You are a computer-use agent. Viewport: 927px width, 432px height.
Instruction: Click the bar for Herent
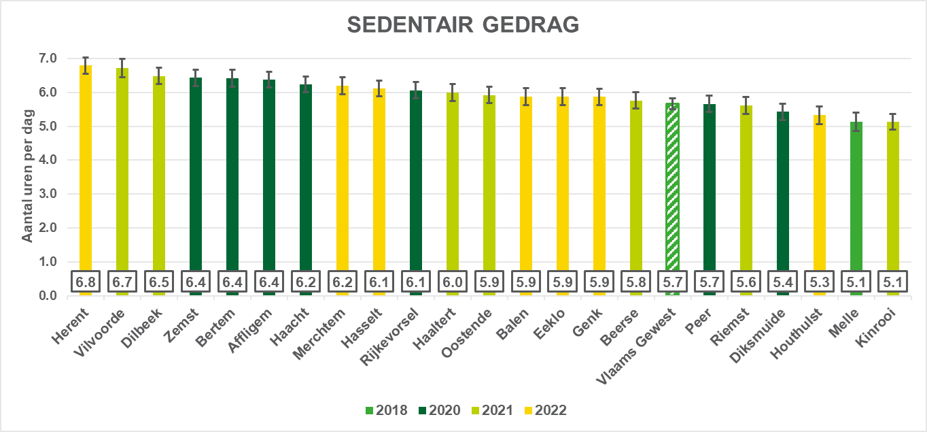pyautogui.click(x=86, y=170)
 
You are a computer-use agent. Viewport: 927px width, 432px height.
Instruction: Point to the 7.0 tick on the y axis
pyautogui.click(x=48, y=59)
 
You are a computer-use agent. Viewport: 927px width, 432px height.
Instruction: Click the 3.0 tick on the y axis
pyautogui.click(x=48, y=194)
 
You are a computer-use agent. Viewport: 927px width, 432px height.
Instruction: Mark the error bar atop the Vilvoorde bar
pyautogui.click(x=122, y=67)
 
